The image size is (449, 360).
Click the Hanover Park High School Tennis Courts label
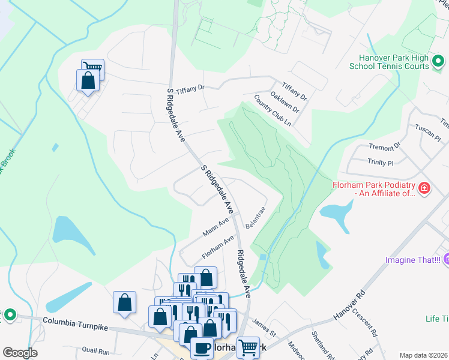[390, 61]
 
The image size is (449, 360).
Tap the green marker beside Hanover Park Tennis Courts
[439, 61]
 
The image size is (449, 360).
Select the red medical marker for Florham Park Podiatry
[424, 188]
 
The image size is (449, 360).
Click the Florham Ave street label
[217, 247]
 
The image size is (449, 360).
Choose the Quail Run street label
[96, 351]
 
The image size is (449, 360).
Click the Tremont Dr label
[385, 147]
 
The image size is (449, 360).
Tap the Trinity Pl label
[380, 162]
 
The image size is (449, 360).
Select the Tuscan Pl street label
[429, 133]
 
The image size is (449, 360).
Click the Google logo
[20, 353]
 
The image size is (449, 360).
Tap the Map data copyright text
[423, 355]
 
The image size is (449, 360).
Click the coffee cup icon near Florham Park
[202, 348]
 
